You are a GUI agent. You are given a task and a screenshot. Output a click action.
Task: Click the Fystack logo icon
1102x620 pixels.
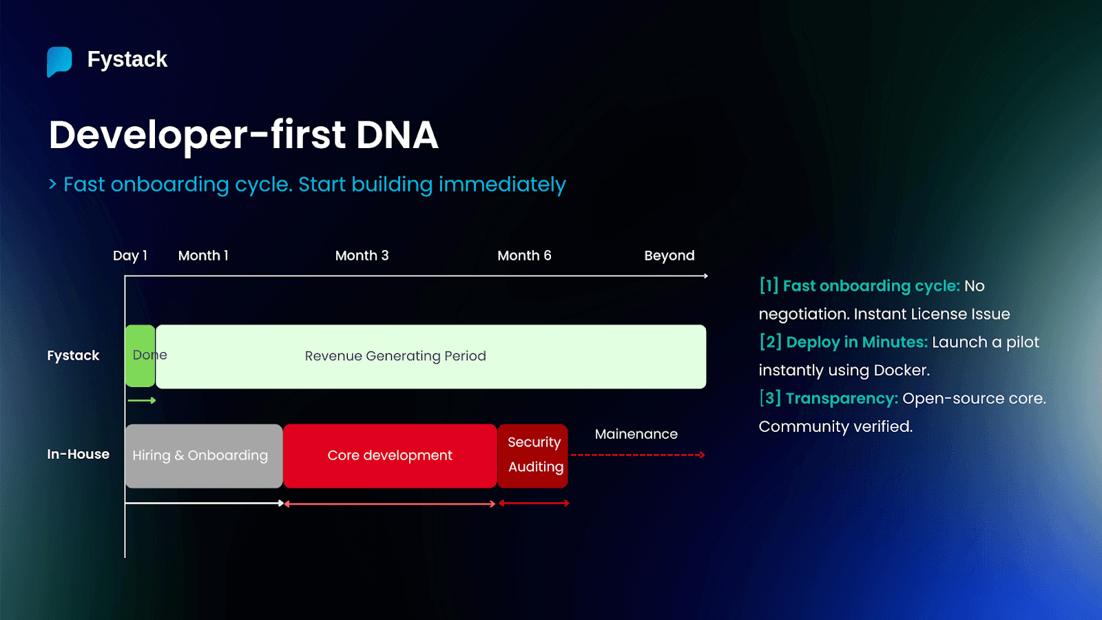pos(59,61)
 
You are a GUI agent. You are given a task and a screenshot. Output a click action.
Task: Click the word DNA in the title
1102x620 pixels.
pos(397,135)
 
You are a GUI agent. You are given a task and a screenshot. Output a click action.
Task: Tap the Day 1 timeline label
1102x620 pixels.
pos(129,256)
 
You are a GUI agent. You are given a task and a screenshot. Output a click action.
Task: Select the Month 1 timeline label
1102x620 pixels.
pos(203,256)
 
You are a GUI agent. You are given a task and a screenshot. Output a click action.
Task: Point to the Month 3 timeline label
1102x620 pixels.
pos(362,256)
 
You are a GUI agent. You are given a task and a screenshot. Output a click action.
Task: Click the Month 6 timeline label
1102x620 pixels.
pos(524,256)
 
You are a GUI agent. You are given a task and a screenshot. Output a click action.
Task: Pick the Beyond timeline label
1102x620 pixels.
pos(669,256)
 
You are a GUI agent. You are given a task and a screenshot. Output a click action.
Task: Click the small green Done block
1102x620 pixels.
pos(140,356)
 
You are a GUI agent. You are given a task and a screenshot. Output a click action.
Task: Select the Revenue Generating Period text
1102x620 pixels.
pos(395,356)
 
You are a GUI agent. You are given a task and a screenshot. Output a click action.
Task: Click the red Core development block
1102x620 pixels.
pos(390,456)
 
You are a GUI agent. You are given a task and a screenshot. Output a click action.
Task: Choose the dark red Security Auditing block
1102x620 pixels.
pos(533,455)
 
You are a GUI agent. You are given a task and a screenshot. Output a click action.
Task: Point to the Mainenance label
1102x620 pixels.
pos(636,434)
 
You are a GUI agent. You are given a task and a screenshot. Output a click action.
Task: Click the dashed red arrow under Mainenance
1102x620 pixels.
pos(637,455)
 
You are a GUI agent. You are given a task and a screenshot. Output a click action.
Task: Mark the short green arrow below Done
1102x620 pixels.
pos(142,400)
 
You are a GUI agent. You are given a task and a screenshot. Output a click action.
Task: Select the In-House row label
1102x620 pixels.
pos(78,454)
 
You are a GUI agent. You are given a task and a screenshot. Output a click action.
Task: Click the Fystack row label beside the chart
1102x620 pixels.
pos(73,355)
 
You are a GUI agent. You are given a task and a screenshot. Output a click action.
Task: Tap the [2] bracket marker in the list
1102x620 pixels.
pos(770,342)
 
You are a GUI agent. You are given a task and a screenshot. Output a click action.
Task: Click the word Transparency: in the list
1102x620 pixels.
pos(842,399)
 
